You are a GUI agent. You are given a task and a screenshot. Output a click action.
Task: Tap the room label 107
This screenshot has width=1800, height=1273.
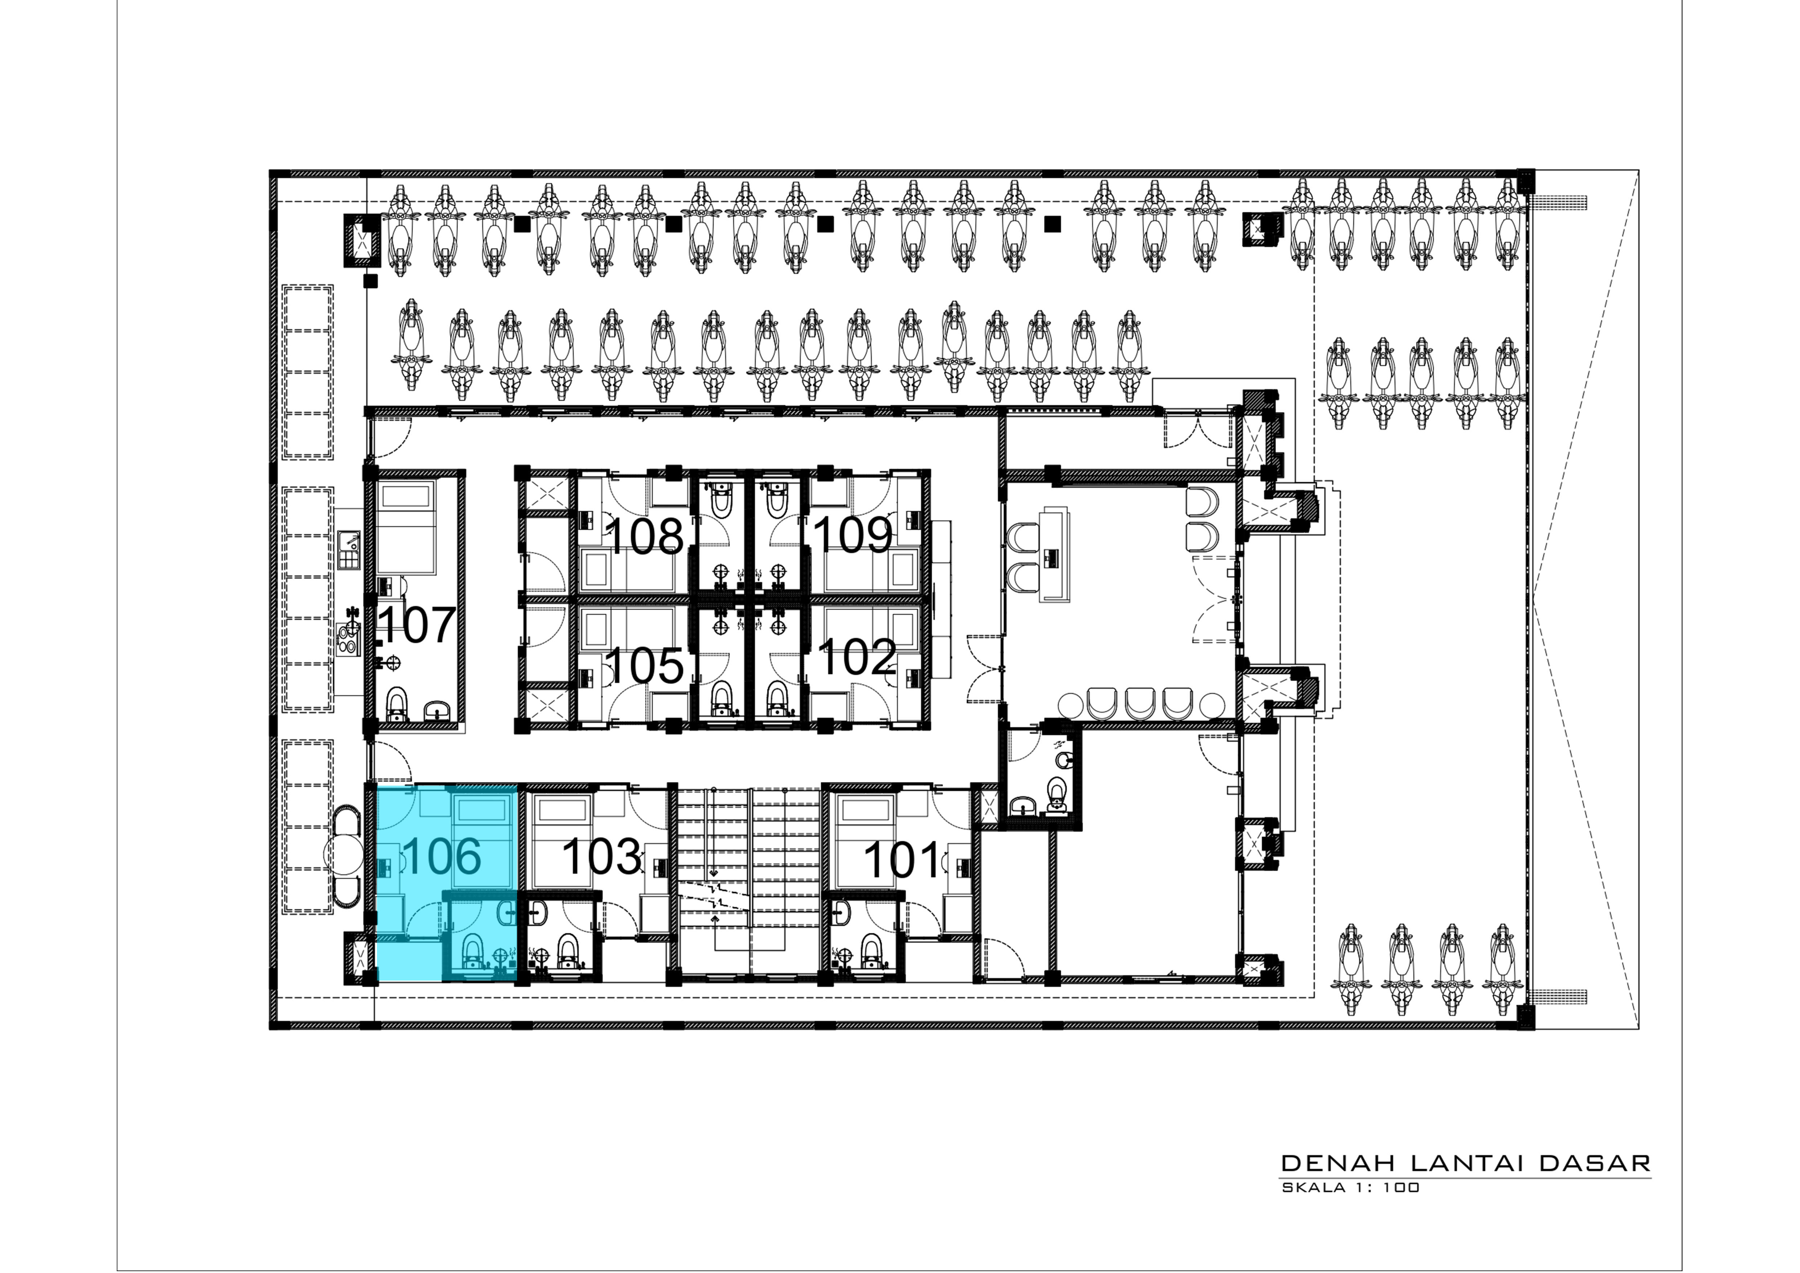[417, 626]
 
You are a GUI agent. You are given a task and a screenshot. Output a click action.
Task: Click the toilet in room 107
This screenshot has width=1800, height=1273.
[398, 705]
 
